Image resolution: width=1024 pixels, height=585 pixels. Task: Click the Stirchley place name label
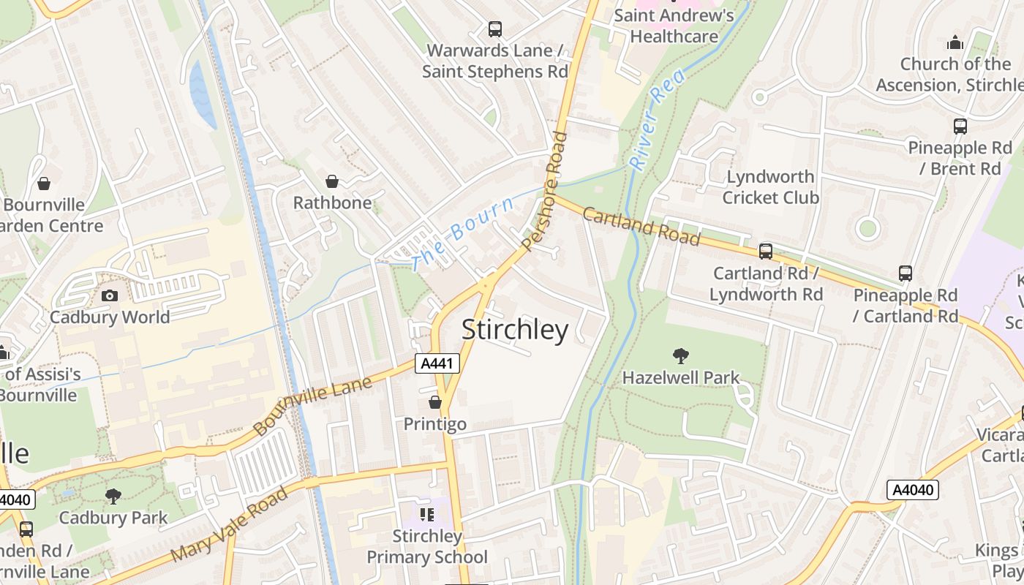point(515,331)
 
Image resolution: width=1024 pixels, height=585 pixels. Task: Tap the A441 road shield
point(437,363)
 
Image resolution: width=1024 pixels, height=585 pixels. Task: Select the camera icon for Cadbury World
point(110,295)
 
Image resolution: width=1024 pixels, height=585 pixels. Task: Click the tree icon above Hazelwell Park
point(681,356)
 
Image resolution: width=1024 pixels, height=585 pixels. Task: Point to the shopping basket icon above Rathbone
point(332,181)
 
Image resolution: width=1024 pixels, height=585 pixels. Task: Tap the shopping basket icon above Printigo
point(435,402)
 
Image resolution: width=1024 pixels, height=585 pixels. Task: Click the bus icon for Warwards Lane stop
point(495,29)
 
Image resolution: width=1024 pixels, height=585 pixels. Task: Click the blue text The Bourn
point(462,233)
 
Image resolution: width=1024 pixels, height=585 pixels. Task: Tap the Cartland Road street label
point(641,226)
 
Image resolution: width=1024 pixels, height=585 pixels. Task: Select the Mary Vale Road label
point(229,525)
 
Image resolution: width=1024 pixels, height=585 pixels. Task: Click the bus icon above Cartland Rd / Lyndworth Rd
point(766,252)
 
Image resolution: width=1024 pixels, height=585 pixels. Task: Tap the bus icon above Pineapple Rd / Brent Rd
point(960,126)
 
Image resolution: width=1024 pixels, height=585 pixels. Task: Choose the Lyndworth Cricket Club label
point(770,187)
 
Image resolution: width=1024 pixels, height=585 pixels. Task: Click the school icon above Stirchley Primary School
point(426,515)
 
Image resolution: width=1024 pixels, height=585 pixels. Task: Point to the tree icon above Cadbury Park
point(113,497)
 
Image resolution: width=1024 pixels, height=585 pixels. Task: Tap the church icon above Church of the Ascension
point(955,42)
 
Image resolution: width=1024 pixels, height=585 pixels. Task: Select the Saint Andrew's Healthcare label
point(673,26)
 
